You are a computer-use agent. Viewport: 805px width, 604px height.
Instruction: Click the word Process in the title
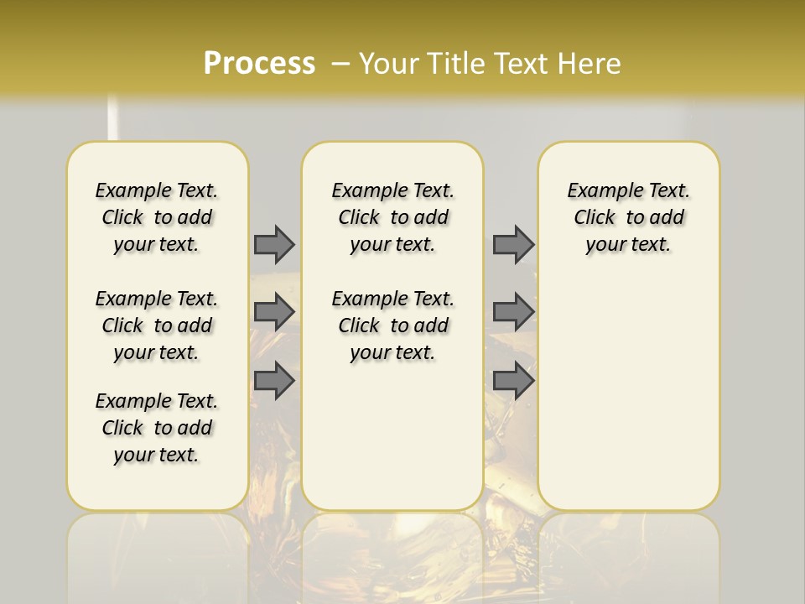coord(259,63)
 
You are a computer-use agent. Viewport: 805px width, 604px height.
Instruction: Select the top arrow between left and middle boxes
coord(274,244)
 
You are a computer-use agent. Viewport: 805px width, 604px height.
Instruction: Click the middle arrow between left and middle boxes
coord(274,312)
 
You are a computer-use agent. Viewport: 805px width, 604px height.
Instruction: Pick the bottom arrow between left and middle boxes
coord(274,381)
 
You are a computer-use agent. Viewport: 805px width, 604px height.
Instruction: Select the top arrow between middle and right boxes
coord(513,244)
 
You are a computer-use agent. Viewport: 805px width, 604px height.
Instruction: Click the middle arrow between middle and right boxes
coord(513,312)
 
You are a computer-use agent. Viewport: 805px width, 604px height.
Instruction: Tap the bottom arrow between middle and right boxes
coord(513,381)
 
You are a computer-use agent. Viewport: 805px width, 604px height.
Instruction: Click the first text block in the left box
coord(157,217)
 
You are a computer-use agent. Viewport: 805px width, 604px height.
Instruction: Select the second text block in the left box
coord(157,325)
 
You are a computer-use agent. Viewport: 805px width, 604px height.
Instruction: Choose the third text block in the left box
coord(157,428)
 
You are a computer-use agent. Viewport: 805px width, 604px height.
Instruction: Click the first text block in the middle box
coord(392,217)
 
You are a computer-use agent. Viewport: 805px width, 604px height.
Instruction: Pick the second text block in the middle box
coord(392,325)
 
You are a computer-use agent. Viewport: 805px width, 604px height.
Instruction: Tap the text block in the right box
coord(628,217)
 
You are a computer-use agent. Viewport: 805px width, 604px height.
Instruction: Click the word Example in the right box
coord(600,191)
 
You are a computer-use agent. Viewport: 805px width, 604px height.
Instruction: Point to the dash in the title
coord(340,63)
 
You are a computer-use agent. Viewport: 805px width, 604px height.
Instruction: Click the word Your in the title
coord(387,63)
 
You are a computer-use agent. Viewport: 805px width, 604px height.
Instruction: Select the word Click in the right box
coord(595,218)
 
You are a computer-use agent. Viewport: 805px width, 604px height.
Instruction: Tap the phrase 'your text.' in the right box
coord(628,245)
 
